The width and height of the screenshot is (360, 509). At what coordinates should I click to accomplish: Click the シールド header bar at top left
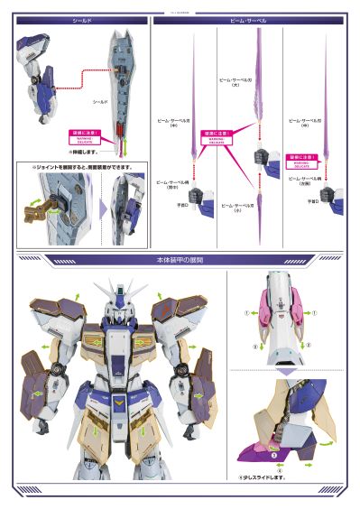78,19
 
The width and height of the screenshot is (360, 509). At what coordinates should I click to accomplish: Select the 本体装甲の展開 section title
180,259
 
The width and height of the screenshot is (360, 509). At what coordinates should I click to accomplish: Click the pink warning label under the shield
82,136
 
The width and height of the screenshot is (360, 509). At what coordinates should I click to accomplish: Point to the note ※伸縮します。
82,152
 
